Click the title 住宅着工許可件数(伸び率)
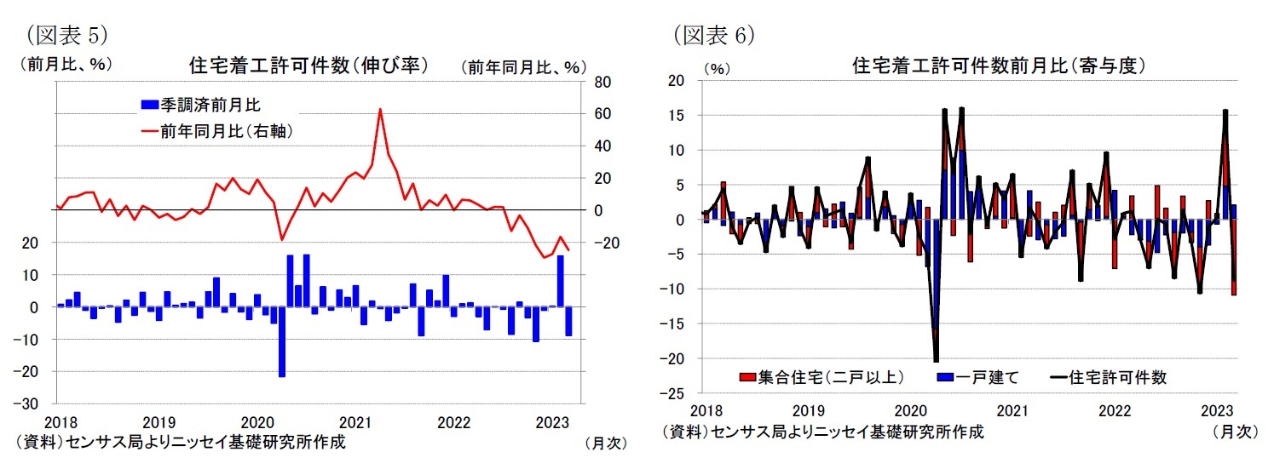[308, 66]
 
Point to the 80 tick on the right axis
[602, 83]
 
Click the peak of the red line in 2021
[379, 109]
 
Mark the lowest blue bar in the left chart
[282, 375]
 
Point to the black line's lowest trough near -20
[936, 361]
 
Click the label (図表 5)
[67, 35]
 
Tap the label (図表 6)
[714, 35]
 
